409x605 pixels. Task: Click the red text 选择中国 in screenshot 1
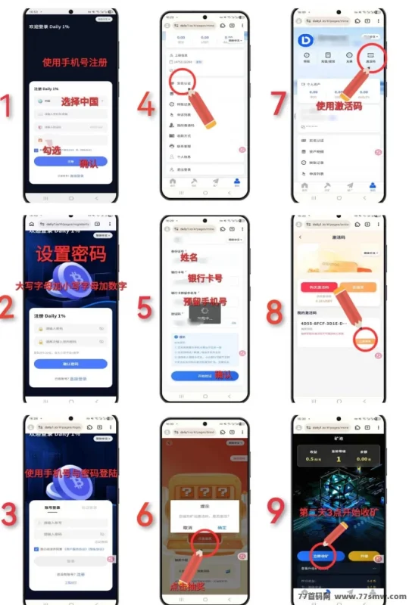(x=81, y=101)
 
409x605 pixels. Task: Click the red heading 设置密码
(x=71, y=254)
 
